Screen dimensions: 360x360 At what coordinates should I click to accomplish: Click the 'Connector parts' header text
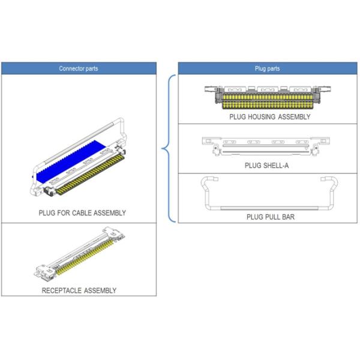click(x=79, y=68)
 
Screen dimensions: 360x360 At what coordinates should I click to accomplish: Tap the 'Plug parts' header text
click(x=267, y=68)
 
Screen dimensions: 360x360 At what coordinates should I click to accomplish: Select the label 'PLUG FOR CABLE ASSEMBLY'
click(x=82, y=213)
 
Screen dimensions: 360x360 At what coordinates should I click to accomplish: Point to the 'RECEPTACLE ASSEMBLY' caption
click(x=79, y=290)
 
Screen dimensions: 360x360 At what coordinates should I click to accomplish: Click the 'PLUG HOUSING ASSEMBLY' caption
click(x=270, y=116)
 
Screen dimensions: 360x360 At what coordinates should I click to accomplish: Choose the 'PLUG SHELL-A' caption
click(x=266, y=166)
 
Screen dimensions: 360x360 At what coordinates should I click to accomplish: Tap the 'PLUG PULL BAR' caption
click(x=271, y=217)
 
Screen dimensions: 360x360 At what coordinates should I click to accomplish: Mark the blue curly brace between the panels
click(x=169, y=149)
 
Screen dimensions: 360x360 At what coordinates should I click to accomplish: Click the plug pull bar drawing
click(x=269, y=208)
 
